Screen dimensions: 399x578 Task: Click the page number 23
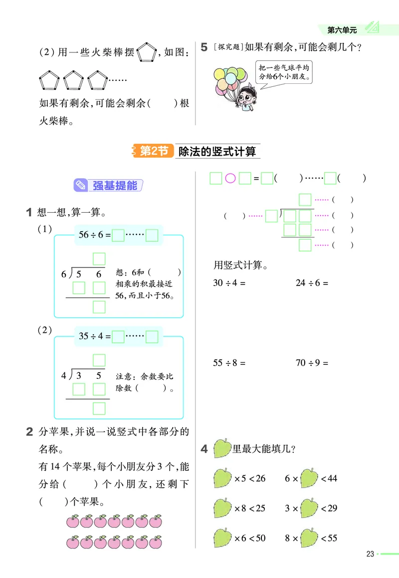tap(370, 554)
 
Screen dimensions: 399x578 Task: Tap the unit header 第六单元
tap(342, 30)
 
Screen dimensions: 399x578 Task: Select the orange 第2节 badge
tap(153, 151)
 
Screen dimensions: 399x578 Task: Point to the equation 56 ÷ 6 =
tap(94, 235)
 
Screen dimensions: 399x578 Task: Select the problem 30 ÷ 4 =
tap(229, 283)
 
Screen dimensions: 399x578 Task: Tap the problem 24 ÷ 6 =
tap(312, 283)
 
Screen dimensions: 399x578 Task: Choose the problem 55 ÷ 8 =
tap(229, 363)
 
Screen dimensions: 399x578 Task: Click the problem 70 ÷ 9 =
tap(312, 363)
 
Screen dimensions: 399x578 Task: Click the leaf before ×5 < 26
tap(222, 478)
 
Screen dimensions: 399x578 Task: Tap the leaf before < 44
tap(309, 478)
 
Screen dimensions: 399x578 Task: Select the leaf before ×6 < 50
tap(222, 538)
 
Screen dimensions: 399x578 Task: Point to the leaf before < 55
tap(309, 538)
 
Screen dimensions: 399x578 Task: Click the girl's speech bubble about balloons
tap(285, 73)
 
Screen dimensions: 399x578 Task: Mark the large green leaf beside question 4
tap(222, 448)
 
